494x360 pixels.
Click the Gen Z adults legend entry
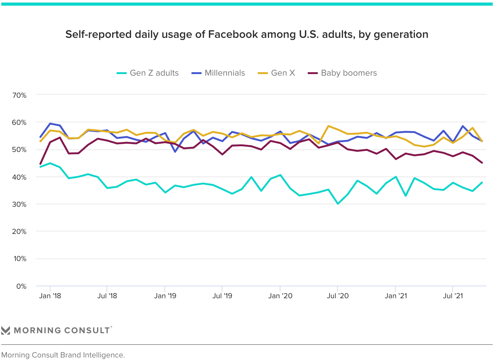(147, 73)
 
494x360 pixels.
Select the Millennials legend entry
(218, 73)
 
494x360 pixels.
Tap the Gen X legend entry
(276, 73)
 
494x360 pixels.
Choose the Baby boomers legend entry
(342, 73)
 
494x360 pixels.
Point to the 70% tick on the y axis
(20, 95)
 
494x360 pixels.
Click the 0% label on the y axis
(21, 287)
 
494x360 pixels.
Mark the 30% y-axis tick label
(20, 204)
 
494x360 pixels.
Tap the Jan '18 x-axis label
(50, 296)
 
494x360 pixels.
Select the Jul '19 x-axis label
(222, 296)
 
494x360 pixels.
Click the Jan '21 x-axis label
(396, 296)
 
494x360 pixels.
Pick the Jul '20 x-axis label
(338, 296)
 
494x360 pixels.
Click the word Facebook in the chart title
(233, 34)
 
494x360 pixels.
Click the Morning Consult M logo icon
(6, 330)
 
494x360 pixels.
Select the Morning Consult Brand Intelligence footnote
(63, 355)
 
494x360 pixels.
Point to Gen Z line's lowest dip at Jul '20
(338, 204)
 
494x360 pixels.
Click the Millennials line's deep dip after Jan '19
(175, 152)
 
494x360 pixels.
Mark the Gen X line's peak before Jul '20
(328, 126)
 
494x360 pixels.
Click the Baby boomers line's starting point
(40, 164)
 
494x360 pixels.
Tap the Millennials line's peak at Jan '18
(50, 124)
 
